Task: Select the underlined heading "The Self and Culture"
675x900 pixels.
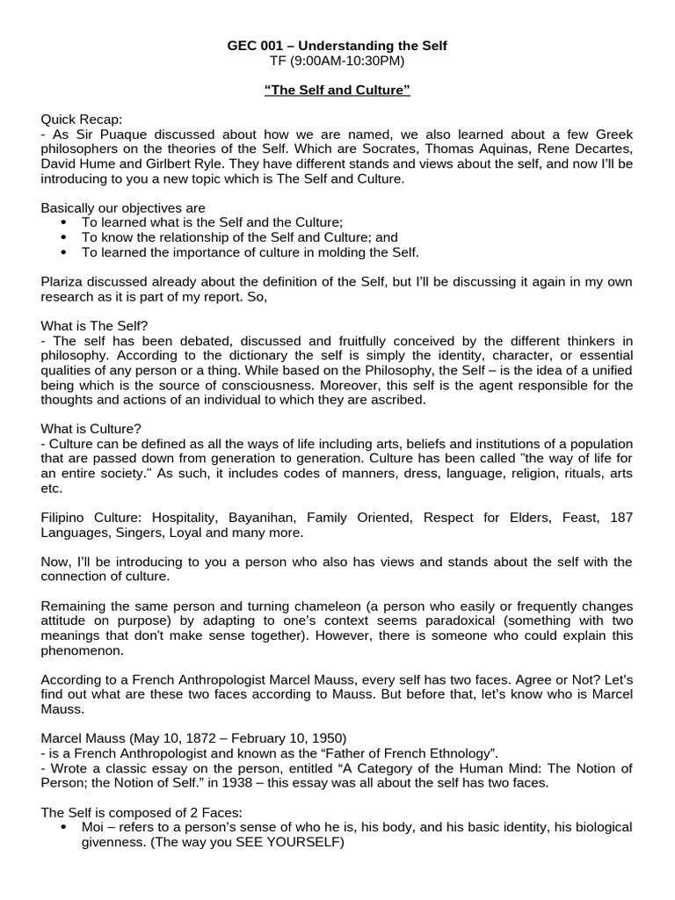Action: (337, 91)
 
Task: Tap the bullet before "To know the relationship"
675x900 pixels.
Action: (64, 237)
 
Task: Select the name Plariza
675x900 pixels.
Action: (64, 281)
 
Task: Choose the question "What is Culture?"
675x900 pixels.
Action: (91, 429)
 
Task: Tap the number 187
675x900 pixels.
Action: (621, 518)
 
